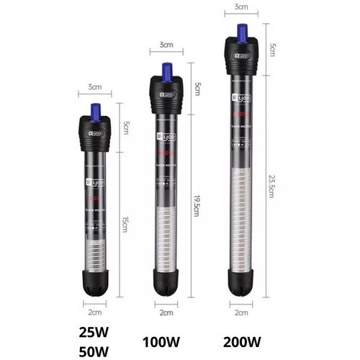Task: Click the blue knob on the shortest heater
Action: tap(94, 110)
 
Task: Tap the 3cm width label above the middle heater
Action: tap(167, 45)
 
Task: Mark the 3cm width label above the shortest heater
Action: tap(94, 86)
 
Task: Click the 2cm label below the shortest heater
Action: tap(94, 312)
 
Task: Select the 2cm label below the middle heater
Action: tap(167, 312)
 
